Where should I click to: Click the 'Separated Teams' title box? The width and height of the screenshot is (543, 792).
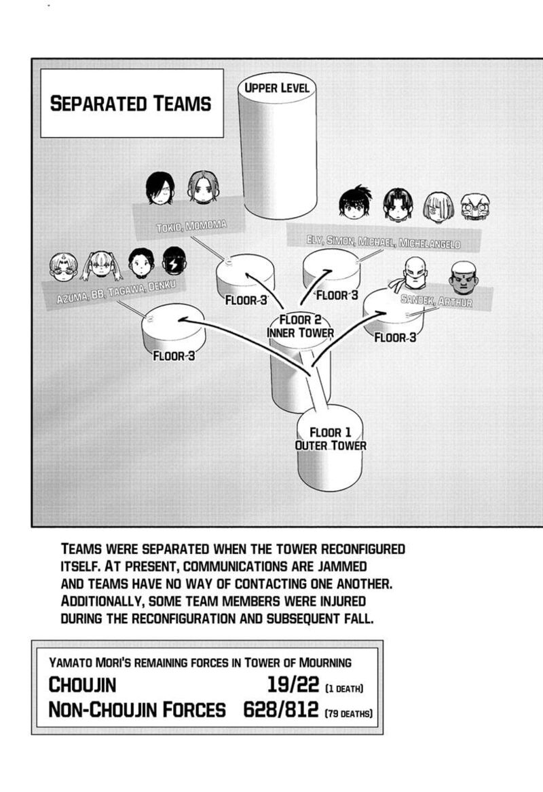coord(131,103)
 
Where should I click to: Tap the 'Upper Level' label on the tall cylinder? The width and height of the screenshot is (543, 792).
coord(277,87)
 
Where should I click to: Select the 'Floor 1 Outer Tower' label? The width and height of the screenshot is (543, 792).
coord(331,439)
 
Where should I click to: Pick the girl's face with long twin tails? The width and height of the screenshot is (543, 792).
coord(101,264)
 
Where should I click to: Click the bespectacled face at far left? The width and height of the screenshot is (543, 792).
coord(63,266)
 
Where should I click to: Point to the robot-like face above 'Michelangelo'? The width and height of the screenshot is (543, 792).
coord(475,206)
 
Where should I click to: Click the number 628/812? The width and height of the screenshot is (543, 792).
coord(280,710)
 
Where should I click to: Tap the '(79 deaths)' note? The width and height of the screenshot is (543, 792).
coord(349,713)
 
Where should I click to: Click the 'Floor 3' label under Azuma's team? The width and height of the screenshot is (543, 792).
coord(174,355)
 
